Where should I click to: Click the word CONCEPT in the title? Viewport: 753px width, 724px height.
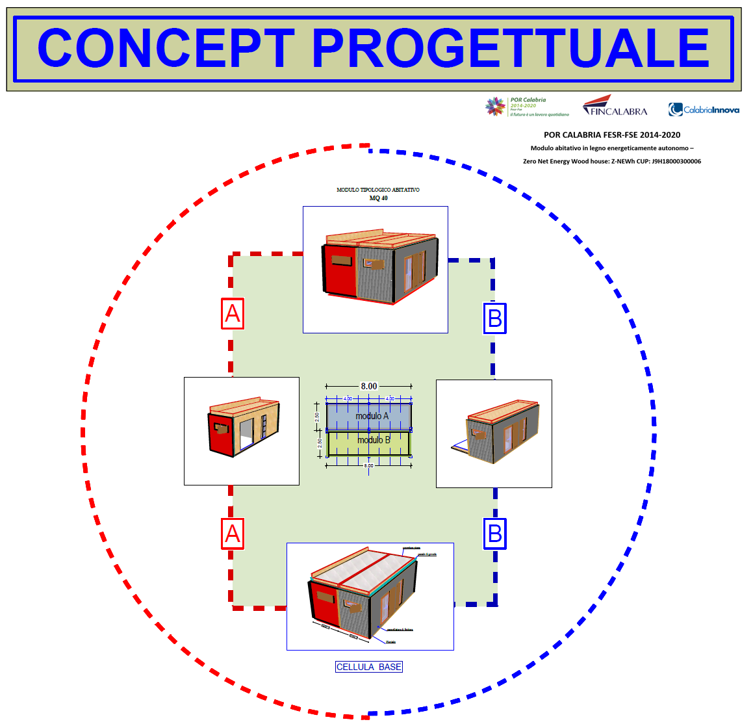coord(166,49)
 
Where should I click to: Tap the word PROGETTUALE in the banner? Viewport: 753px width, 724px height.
coord(511,49)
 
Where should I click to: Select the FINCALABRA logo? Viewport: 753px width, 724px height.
coord(615,107)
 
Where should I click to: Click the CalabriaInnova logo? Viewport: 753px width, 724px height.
coord(704,109)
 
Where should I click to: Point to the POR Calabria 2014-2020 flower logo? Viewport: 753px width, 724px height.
coord(496,107)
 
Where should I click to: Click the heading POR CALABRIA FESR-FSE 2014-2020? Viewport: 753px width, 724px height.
coord(612,135)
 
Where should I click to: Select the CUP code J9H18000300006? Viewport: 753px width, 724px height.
coord(676,161)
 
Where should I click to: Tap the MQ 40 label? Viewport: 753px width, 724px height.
coord(378,198)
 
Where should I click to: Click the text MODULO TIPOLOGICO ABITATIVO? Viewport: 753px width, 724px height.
coord(377,190)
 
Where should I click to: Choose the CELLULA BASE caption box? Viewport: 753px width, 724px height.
coord(369,667)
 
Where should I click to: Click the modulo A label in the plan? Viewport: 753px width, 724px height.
coord(372,416)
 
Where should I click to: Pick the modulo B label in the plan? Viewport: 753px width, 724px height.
coord(374,440)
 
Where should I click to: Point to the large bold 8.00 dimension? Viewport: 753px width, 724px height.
coord(369,386)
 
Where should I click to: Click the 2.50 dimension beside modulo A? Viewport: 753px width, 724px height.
coord(318,417)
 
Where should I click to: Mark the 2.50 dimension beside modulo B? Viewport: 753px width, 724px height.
coord(320,443)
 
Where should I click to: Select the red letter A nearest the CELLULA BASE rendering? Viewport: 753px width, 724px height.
coord(233,534)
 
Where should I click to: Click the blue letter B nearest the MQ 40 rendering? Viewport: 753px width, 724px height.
coord(494,318)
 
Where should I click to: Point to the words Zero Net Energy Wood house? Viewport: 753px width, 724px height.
coord(566,161)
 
